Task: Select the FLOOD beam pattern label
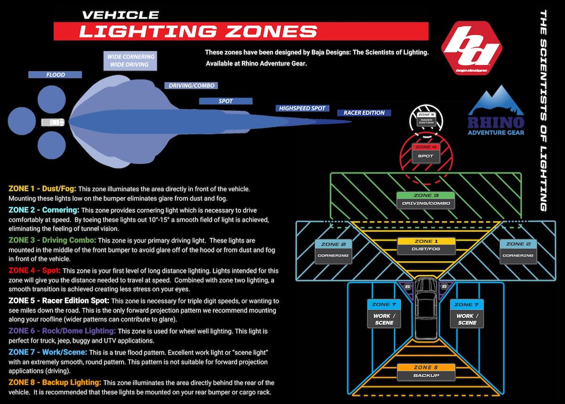tap(56, 74)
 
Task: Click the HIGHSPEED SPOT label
tap(302, 108)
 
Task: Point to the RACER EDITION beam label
tap(364, 113)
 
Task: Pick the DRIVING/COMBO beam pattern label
tap(192, 85)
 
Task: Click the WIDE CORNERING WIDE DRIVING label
tap(130, 60)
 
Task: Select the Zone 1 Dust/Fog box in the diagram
tap(427, 245)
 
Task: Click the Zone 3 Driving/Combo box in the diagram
tap(426, 200)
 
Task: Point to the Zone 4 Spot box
tap(425, 152)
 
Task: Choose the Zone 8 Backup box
tap(427, 371)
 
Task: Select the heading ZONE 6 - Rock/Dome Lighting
tap(62, 331)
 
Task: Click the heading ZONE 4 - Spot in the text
tap(34, 271)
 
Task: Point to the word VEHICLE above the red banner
tap(120, 15)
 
